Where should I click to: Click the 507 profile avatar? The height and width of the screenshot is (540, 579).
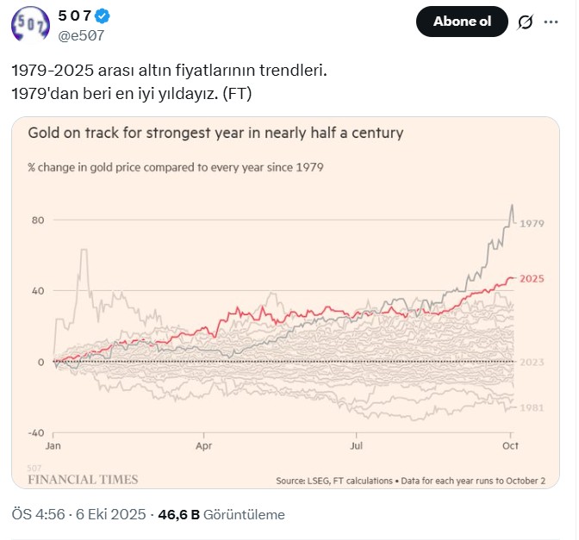coord(29,23)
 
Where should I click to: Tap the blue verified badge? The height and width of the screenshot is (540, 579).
coord(102,16)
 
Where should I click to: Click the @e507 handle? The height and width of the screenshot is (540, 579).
coord(80,35)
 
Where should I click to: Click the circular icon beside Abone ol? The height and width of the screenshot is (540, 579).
coord(524,22)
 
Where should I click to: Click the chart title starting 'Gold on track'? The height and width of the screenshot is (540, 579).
coord(215,133)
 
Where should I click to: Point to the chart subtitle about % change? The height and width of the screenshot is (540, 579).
coord(176,167)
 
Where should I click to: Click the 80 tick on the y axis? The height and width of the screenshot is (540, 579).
coord(37,220)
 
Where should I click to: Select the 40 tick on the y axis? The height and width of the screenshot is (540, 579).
coord(37,291)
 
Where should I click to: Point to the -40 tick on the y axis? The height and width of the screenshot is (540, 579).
coord(35,432)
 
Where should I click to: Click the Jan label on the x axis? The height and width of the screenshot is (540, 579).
coord(53,448)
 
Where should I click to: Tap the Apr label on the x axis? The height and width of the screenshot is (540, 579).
coord(204,448)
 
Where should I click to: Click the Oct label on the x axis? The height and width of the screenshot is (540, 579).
coord(510,448)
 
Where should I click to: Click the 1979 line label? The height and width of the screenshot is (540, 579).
coord(532,224)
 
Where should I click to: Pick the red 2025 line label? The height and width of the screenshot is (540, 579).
coord(532,279)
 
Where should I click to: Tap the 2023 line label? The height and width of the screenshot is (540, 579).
coord(532,362)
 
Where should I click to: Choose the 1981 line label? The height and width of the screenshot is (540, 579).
coord(532,407)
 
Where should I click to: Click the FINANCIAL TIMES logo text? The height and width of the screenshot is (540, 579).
coord(83,479)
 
